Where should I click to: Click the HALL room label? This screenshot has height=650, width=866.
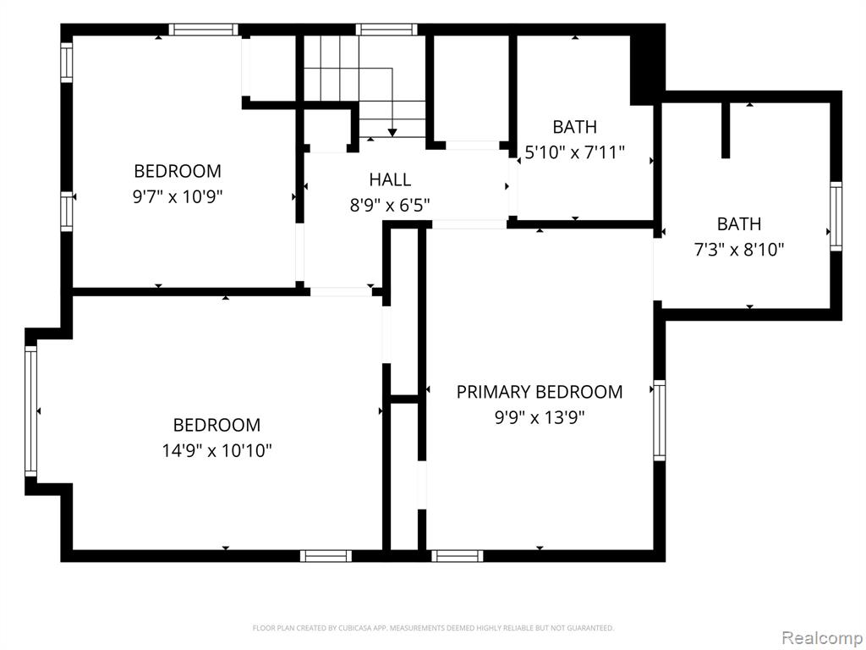(390, 179)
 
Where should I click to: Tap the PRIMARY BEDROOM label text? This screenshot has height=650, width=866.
(540, 392)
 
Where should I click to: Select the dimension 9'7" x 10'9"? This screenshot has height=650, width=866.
(178, 196)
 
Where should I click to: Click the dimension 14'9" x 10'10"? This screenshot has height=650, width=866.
(217, 450)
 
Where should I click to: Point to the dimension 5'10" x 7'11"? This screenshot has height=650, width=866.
(574, 152)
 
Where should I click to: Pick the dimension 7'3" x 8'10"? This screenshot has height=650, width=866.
(739, 250)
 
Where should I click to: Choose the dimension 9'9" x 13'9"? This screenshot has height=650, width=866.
(540, 417)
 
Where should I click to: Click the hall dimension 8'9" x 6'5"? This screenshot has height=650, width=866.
(390, 205)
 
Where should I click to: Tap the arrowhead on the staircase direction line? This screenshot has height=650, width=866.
(392, 133)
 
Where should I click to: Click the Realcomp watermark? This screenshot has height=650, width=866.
(823, 638)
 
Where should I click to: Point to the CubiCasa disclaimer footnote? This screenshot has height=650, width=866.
(433, 628)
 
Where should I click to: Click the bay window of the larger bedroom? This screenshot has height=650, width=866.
(31, 411)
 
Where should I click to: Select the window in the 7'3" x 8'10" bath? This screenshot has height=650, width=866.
(836, 216)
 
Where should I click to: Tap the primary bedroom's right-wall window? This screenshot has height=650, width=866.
(660, 420)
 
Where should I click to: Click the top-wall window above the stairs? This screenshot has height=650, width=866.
(386, 30)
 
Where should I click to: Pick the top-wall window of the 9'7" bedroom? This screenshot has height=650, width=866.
(203, 30)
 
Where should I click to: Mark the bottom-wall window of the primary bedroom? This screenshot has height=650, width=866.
(458, 556)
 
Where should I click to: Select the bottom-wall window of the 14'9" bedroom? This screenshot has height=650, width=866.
(326, 556)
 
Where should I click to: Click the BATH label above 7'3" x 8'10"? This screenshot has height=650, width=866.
(739, 224)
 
